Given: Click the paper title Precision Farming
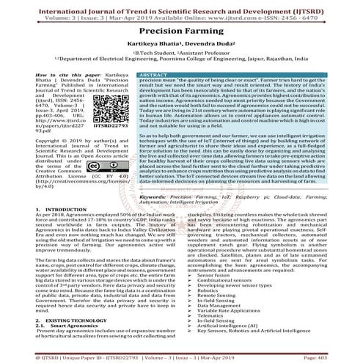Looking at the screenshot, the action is pos(181,33).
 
